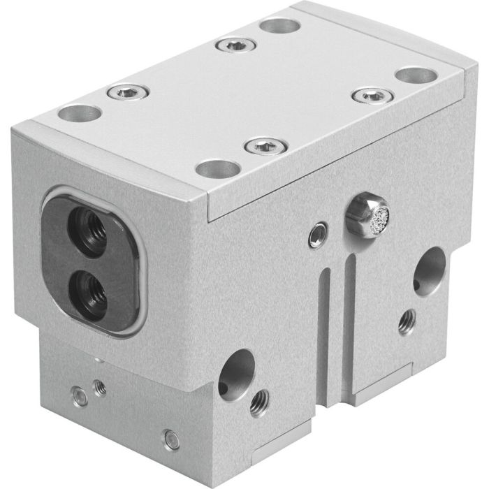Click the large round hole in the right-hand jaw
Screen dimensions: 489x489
click(428, 270)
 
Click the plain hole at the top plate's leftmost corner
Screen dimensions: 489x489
click(80, 113)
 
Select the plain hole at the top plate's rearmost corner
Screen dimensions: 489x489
click(279, 26)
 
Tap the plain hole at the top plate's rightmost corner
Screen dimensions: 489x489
click(416, 75)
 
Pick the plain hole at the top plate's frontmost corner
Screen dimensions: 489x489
click(218, 168)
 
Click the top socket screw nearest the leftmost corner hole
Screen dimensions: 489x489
click(128, 92)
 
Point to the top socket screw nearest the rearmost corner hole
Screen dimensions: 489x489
click(235, 45)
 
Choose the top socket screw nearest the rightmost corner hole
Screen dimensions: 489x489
click(372, 96)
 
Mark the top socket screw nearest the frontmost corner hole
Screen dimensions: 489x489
click(266, 147)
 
